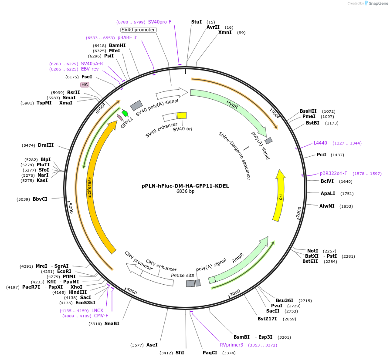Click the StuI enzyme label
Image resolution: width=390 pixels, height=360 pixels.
[x=197, y=22]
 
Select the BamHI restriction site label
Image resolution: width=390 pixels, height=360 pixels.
[x=117, y=45]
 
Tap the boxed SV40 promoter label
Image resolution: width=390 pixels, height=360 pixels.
[x=138, y=30]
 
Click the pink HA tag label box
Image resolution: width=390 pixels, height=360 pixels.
[x=85, y=84]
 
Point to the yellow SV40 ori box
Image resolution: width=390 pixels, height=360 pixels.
[x=182, y=115]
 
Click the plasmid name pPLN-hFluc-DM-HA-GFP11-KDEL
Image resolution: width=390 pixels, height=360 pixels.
[x=185, y=186]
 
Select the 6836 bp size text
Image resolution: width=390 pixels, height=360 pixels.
[x=185, y=192]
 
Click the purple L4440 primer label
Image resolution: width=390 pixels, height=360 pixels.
[x=320, y=143]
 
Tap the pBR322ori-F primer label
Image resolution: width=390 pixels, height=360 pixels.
[x=333, y=173]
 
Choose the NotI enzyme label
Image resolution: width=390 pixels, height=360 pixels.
[x=312, y=251]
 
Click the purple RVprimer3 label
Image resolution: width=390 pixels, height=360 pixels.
[x=231, y=345]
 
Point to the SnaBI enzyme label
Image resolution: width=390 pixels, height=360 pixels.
[x=112, y=323]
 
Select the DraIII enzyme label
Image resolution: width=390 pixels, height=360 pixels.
[x=46, y=145]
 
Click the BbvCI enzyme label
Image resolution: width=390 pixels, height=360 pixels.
[x=40, y=199]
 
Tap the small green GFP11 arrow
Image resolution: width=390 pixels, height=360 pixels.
[x=125, y=113]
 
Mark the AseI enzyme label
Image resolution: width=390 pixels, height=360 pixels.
[x=152, y=345]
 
